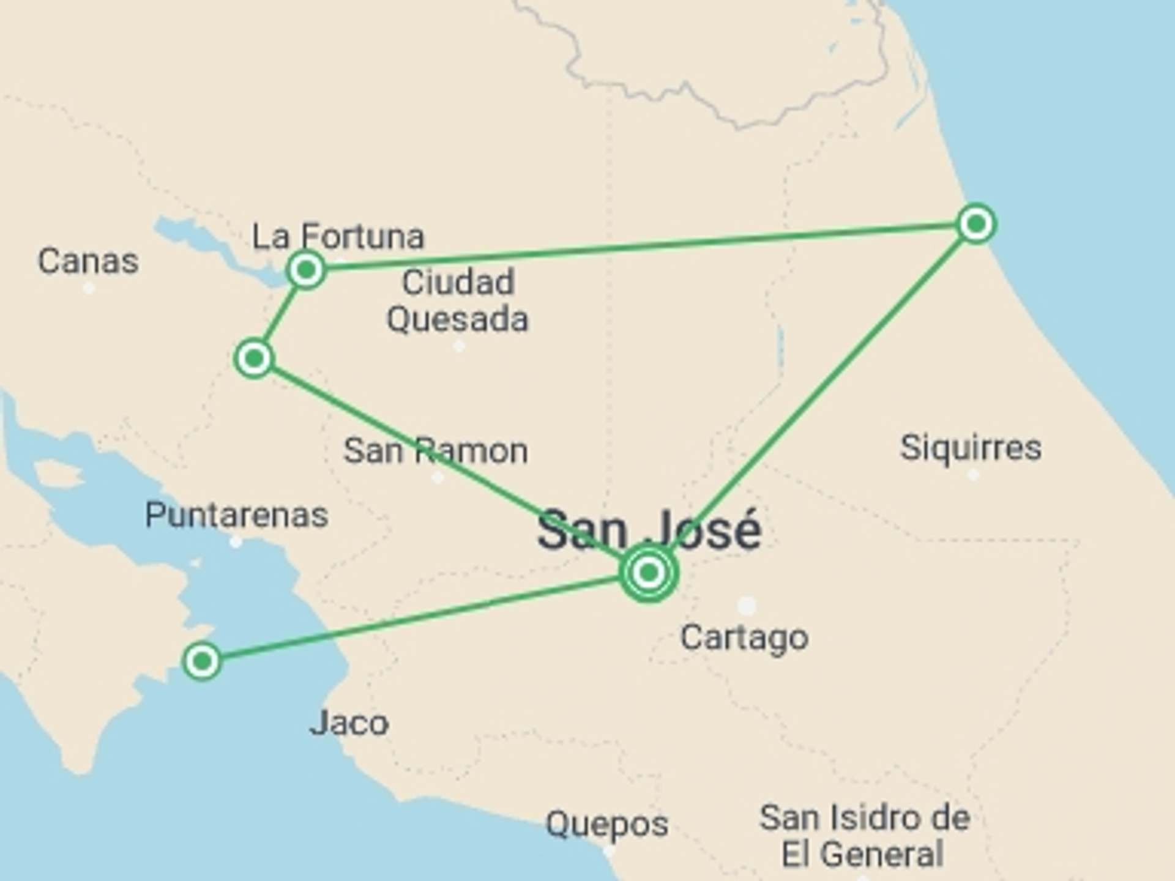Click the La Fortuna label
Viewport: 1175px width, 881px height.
click(x=338, y=237)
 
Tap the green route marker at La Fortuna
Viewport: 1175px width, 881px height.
click(x=306, y=269)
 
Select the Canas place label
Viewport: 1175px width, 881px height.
click(x=88, y=262)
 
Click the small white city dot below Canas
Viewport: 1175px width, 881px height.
click(x=89, y=288)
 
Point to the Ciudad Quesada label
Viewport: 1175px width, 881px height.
click(x=457, y=301)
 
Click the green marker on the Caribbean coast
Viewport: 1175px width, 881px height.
click(x=976, y=224)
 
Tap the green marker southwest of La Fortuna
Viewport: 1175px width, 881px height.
click(x=253, y=358)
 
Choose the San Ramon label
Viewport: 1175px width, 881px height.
click(x=435, y=452)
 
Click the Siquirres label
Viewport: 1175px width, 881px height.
click(x=971, y=447)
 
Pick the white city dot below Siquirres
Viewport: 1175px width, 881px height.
click(x=973, y=475)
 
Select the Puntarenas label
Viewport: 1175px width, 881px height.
click(x=236, y=515)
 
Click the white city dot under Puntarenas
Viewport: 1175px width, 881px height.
click(x=236, y=542)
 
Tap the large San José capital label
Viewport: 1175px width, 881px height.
click(x=649, y=530)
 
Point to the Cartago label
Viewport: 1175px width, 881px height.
click(x=744, y=638)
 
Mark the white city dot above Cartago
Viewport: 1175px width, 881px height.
click(x=747, y=606)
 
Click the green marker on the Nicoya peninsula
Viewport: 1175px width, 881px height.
click(x=202, y=661)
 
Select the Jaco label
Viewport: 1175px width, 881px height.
click(x=349, y=724)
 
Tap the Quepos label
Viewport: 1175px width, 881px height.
click(x=606, y=824)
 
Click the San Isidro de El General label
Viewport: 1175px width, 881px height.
click(x=864, y=836)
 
